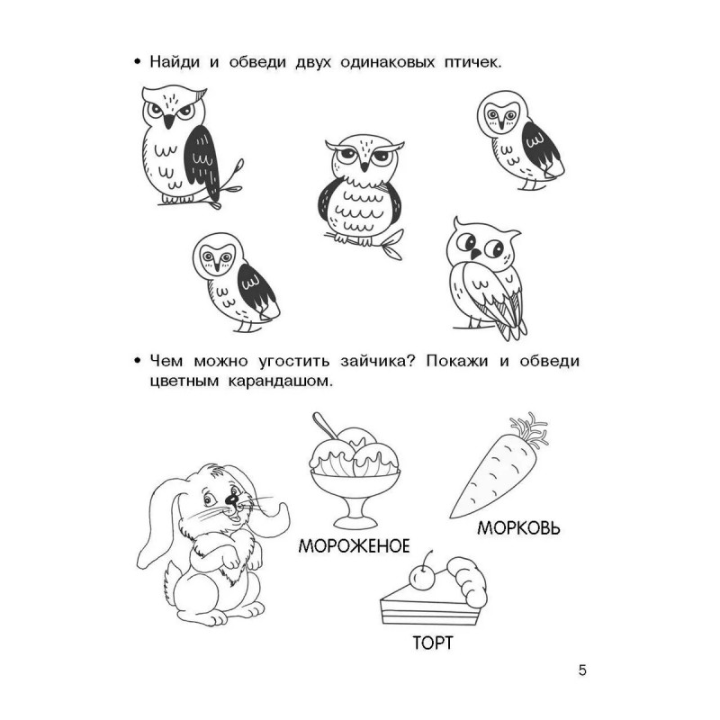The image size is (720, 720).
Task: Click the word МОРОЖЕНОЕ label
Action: (354, 546)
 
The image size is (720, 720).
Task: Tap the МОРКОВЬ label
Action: (519, 528)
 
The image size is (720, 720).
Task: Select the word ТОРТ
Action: (433, 643)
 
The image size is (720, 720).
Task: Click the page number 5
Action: (582, 670)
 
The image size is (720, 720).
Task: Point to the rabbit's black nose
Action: (233, 499)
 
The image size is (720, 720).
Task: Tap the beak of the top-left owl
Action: (169, 121)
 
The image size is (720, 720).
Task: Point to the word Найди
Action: (175, 61)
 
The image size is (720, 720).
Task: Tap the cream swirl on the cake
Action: (467, 580)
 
